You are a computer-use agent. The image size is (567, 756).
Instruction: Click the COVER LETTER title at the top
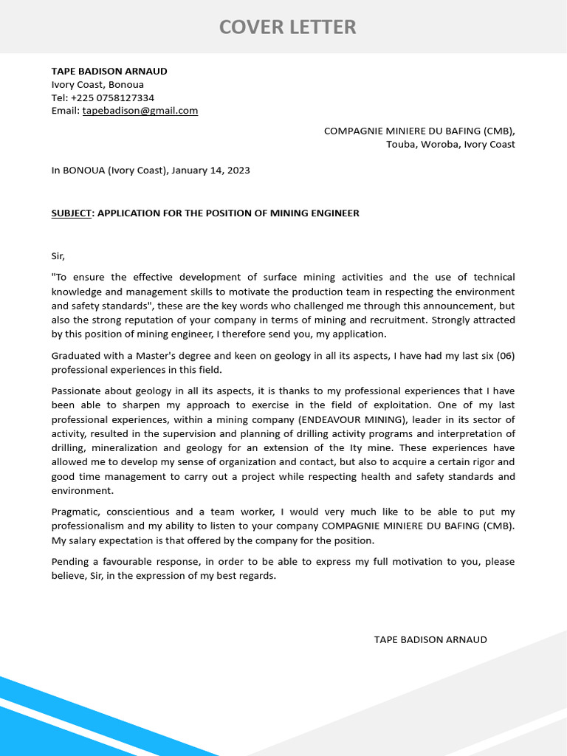click(x=287, y=27)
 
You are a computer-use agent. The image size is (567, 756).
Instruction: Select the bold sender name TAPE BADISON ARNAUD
click(x=109, y=72)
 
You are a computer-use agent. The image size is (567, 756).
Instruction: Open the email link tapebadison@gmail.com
click(x=140, y=111)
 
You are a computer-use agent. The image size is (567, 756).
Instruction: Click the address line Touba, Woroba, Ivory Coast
click(x=450, y=144)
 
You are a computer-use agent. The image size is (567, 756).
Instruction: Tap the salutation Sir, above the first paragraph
click(x=58, y=256)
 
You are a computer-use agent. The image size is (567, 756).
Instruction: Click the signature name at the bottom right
click(x=430, y=640)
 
